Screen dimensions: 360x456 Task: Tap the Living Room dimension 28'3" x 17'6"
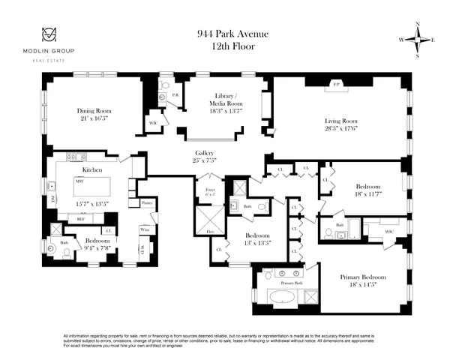[341, 128]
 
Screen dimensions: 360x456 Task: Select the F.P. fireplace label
[334, 85]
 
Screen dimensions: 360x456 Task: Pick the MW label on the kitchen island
[78, 181]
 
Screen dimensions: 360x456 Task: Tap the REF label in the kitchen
[81, 219]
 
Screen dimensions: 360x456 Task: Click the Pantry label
[147, 203]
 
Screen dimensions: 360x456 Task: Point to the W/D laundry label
[142, 250]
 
